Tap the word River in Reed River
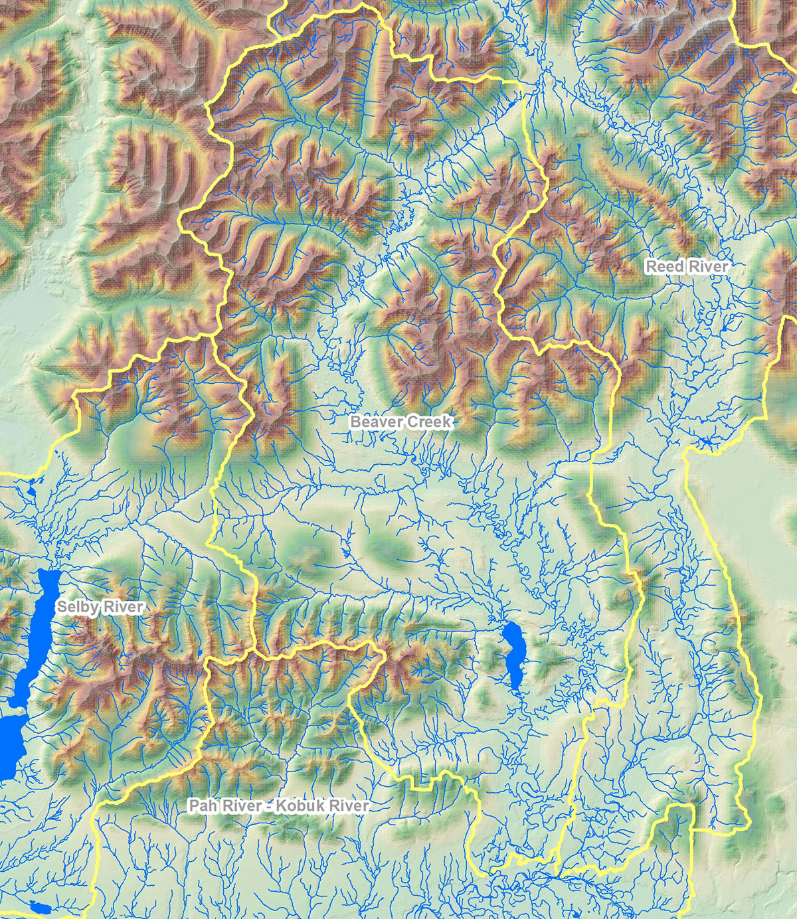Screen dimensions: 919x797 (x=708, y=266)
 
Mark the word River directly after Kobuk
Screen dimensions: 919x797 (x=347, y=806)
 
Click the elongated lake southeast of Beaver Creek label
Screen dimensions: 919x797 (x=513, y=654)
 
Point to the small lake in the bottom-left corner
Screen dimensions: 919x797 (x=40, y=908)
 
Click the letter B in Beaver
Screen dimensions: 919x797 (x=355, y=422)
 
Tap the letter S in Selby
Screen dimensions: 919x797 (x=61, y=607)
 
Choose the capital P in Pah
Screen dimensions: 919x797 (x=193, y=806)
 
